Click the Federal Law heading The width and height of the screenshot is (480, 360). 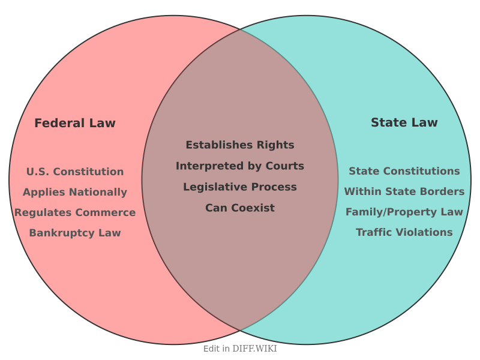(75, 123)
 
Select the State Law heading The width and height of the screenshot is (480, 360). (404, 122)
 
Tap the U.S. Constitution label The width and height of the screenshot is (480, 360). (75, 172)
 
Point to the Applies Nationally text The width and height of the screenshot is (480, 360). (75, 192)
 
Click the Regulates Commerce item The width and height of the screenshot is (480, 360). (75, 212)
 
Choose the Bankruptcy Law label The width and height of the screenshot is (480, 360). (75, 233)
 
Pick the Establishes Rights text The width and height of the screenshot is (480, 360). (240, 145)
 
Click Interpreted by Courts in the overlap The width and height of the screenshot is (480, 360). (240, 166)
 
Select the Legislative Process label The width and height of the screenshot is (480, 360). (240, 187)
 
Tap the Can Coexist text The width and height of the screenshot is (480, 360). (240, 208)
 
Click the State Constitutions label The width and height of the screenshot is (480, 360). (404, 171)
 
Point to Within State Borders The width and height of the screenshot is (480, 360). (404, 191)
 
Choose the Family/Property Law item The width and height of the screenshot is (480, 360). (404, 212)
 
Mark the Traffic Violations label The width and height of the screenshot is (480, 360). (404, 232)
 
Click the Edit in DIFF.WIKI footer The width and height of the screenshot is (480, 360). (240, 348)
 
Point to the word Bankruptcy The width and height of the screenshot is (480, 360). (58, 233)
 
